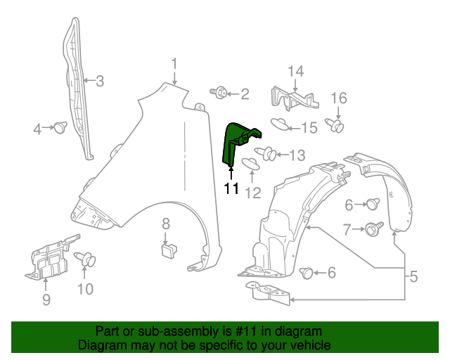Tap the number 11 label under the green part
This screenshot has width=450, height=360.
click(232, 188)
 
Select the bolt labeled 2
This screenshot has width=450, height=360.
click(219, 92)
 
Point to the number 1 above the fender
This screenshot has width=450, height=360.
click(174, 64)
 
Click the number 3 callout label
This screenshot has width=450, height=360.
click(100, 81)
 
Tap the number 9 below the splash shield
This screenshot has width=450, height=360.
click(46, 301)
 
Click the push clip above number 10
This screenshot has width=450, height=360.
click(89, 261)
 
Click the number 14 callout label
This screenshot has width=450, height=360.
click(295, 71)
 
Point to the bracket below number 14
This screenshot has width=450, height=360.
click(294, 99)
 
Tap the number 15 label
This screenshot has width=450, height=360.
click(310, 127)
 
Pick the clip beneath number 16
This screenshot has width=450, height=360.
click(337, 127)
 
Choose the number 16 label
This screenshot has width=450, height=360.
click(339, 97)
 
